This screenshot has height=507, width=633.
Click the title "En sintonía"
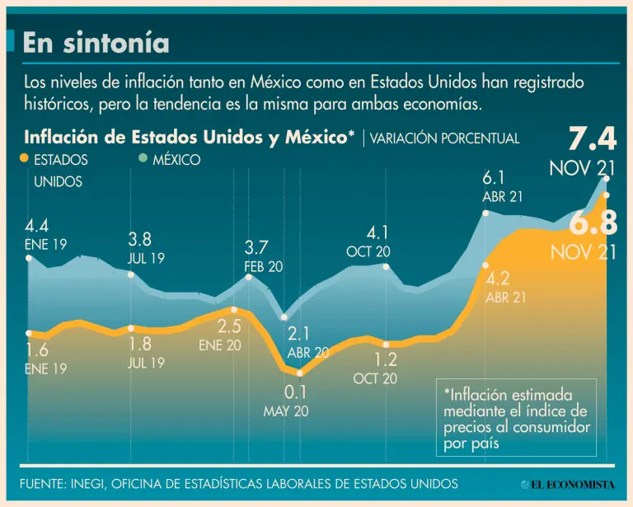pyautogui.click(x=96, y=43)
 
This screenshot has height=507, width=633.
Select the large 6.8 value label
pyautogui.click(x=593, y=223)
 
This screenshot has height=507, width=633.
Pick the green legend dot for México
pyautogui.click(x=143, y=159)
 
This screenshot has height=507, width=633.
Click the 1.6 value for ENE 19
pyautogui.click(x=37, y=352)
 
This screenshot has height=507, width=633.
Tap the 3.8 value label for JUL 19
pyautogui.click(x=139, y=240)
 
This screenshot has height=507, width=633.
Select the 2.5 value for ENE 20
pyautogui.click(x=229, y=326)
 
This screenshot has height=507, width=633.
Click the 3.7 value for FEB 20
pyautogui.click(x=256, y=247)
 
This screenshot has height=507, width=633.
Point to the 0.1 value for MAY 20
pyautogui.click(x=295, y=392)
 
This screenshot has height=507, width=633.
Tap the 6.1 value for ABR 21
pyautogui.click(x=493, y=178)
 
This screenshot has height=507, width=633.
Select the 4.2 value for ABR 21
pyautogui.click(x=498, y=279)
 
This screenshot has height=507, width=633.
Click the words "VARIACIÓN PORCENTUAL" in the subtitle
pyautogui.click(x=444, y=138)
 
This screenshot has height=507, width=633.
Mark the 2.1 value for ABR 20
pyautogui.click(x=298, y=334)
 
